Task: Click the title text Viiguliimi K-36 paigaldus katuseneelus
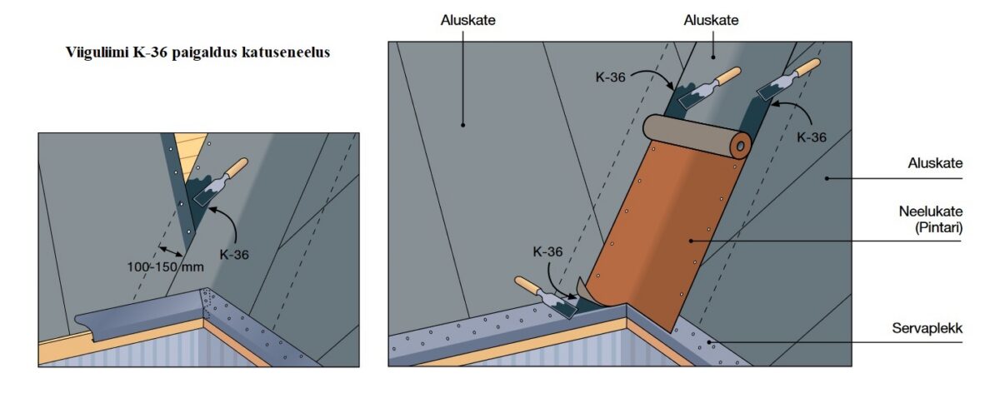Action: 197,52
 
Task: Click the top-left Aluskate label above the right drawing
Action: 468,19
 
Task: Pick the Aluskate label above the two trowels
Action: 711,19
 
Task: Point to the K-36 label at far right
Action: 810,137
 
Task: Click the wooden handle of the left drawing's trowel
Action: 236,168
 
